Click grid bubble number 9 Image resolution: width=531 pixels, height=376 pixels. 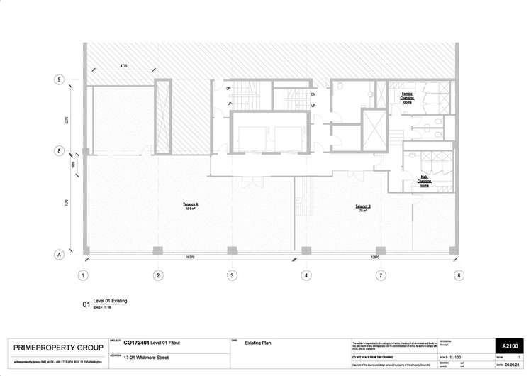(59, 80)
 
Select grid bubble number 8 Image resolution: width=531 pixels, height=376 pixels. (59, 151)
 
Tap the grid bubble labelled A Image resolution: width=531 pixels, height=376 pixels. (59, 254)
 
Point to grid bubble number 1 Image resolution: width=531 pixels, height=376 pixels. (83, 275)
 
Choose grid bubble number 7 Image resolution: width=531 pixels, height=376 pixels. (381, 275)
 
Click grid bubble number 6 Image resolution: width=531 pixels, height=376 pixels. (459, 275)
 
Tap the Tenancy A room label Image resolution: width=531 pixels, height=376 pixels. (191, 206)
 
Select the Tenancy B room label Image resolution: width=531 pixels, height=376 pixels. (364, 209)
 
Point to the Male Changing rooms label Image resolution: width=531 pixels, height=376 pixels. (424, 182)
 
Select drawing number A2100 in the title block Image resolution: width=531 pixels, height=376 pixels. (511, 345)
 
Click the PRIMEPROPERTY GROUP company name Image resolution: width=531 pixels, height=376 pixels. (59, 348)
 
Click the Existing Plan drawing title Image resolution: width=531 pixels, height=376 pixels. (259, 343)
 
